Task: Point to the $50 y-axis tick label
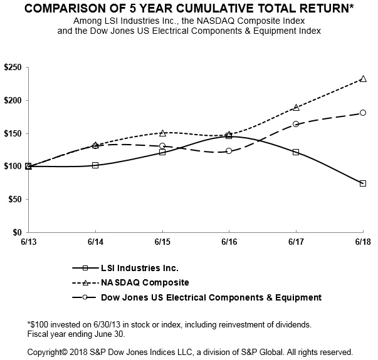14,199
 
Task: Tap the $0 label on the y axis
17,232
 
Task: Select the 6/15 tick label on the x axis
162,241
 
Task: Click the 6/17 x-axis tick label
296,241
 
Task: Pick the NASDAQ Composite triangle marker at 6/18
363,79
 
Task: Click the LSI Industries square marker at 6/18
363,183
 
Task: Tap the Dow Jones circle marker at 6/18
363,113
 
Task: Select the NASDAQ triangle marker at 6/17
296,108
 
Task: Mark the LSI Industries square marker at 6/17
296,152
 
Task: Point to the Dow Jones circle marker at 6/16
229,151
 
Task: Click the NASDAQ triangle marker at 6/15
162,133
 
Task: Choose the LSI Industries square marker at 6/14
95,165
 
